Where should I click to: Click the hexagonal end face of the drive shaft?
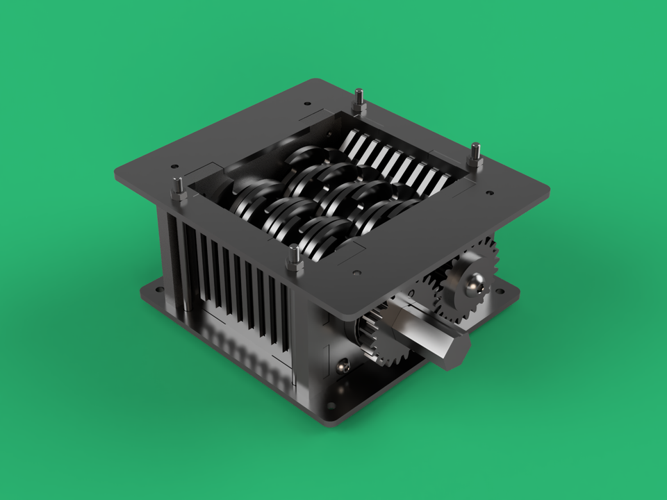(x=455, y=349)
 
